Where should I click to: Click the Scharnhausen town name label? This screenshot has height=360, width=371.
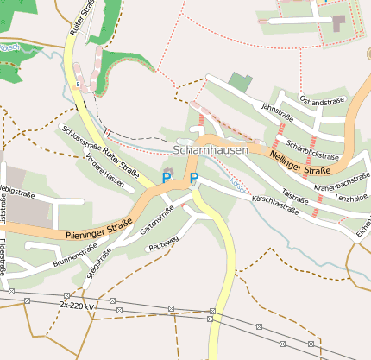(211, 149)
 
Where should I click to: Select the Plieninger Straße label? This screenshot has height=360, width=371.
(97, 231)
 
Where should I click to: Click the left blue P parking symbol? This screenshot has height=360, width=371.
(167, 178)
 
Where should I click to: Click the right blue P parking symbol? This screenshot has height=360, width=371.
(194, 178)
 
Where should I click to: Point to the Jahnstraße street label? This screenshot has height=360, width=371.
(278, 110)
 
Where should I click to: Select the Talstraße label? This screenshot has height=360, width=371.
(296, 195)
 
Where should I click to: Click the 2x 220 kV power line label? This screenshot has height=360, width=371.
(77, 306)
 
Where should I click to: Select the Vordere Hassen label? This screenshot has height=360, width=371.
(105, 177)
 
